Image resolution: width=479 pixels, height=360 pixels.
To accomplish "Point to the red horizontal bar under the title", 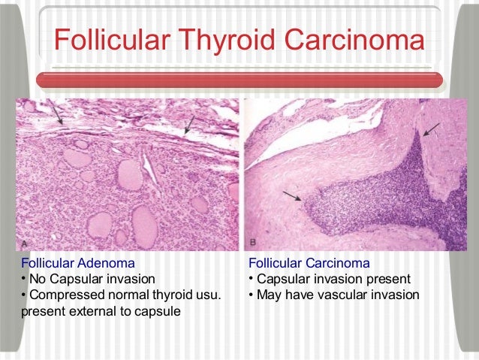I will tap(239, 80).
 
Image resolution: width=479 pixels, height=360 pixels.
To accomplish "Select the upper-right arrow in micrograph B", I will tap(431, 129).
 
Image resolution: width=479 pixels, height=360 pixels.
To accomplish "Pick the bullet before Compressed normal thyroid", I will tap(23, 295).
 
